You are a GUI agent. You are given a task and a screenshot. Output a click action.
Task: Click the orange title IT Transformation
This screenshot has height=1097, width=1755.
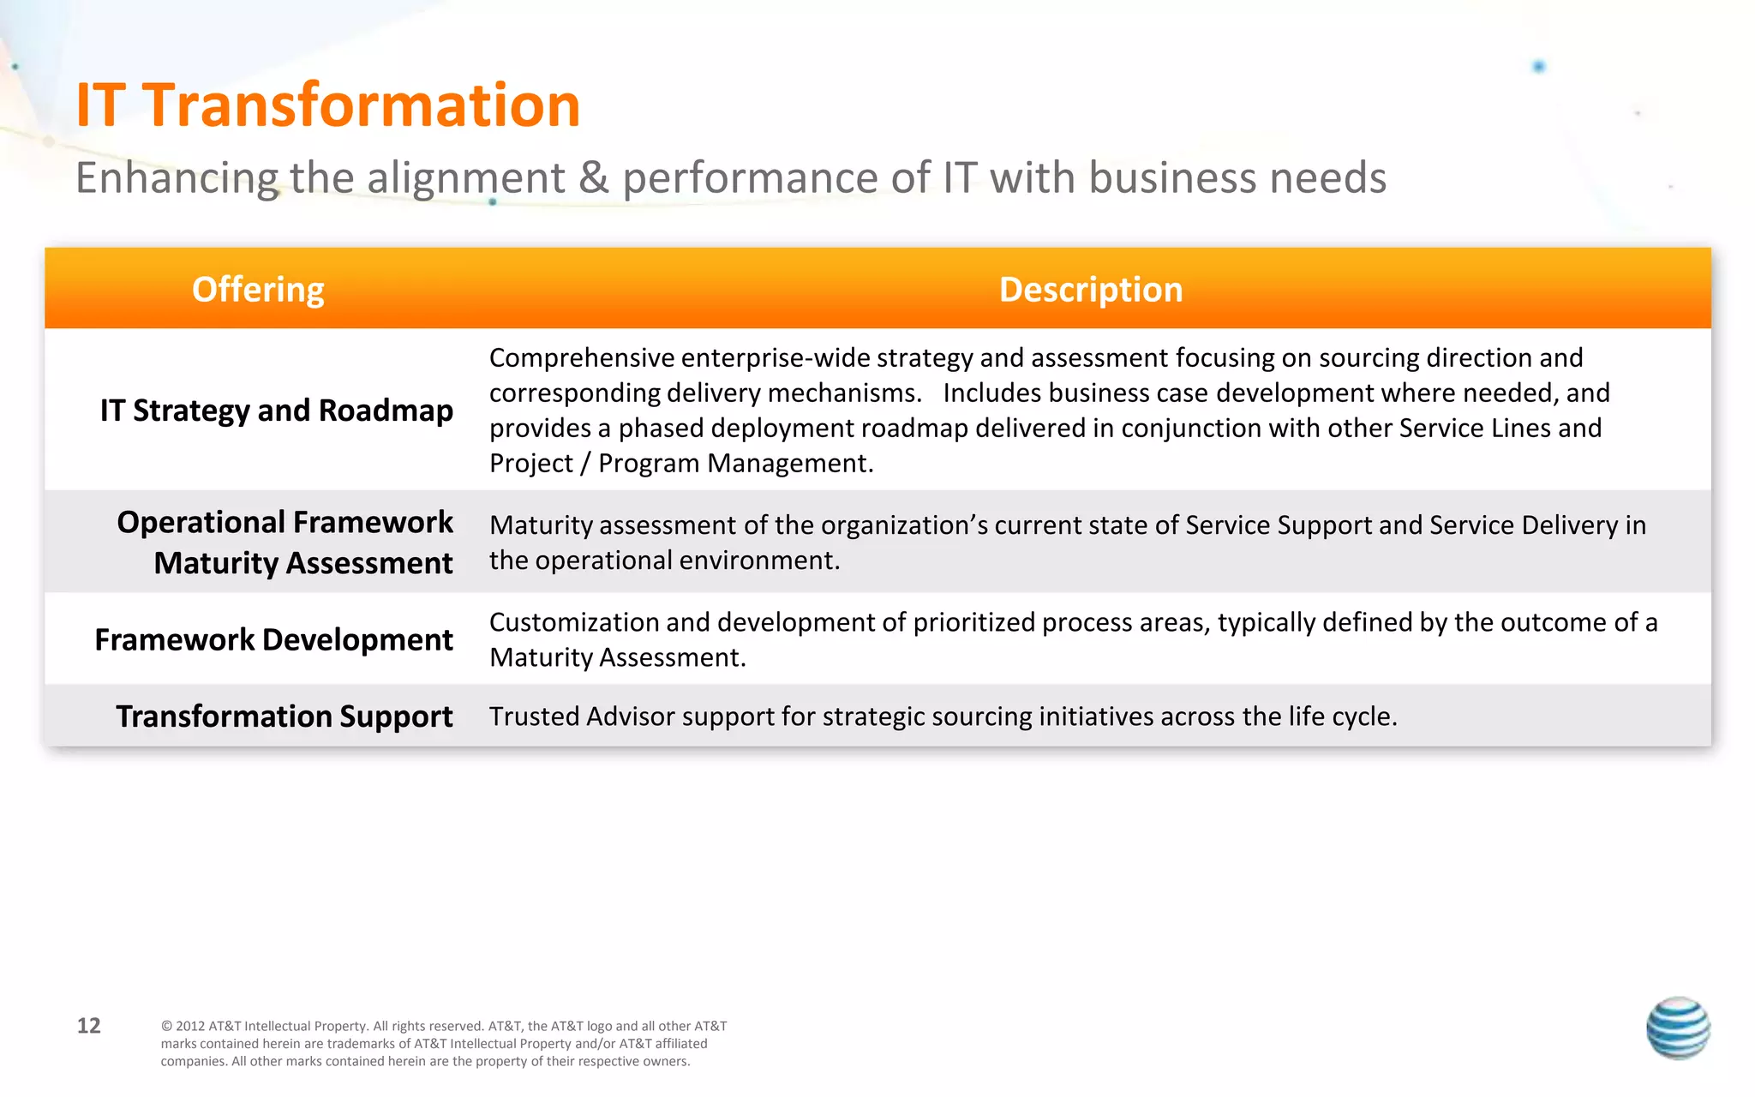(x=327, y=105)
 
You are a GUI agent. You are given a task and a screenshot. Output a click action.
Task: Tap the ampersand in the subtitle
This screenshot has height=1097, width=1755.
(x=594, y=178)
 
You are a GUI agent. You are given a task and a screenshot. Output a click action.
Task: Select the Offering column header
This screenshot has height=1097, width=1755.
(x=258, y=290)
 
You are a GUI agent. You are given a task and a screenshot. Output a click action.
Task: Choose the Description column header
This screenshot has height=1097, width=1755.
(x=1090, y=290)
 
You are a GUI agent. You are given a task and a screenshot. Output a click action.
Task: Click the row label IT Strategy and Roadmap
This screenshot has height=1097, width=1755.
(x=276, y=411)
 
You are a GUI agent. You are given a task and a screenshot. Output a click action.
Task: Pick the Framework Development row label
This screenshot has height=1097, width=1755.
(x=273, y=640)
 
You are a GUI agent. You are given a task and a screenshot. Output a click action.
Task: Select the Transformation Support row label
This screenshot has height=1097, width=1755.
(x=284, y=716)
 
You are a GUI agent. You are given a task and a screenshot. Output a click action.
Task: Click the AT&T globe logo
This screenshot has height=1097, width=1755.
(x=1677, y=1028)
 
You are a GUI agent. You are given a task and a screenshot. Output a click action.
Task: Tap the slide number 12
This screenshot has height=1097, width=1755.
(x=88, y=1026)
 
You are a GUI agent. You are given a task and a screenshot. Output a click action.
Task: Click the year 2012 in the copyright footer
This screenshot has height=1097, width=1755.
(x=190, y=1027)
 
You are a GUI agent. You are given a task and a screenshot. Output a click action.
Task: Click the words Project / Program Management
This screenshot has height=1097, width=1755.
(x=680, y=464)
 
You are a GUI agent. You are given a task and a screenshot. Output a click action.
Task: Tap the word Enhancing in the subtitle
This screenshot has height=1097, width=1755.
(x=177, y=178)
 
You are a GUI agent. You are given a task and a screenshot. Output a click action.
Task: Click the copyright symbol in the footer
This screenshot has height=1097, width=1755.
(x=166, y=1027)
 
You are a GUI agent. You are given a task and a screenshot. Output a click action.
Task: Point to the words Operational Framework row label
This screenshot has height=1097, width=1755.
(x=285, y=523)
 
